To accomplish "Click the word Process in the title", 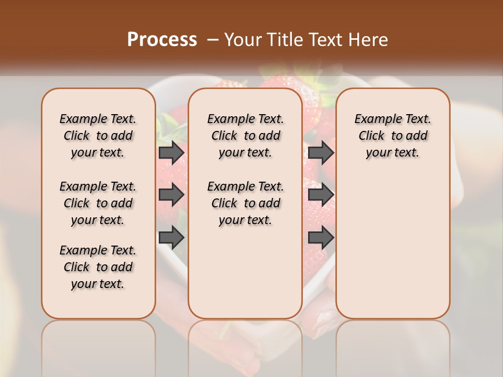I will (162, 39).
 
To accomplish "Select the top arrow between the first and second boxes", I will (171, 152).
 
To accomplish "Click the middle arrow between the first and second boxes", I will (171, 195).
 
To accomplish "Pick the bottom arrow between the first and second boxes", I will (171, 238).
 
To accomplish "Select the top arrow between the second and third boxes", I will (321, 152).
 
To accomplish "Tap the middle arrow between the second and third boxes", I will (321, 195).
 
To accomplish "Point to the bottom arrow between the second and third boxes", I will (321, 238).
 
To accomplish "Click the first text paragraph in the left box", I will (98, 136).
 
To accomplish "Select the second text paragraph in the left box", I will (98, 203).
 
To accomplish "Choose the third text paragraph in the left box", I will (98, 267).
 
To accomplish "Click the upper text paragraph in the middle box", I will (245, 136).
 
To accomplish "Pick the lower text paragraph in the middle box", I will (245, 203).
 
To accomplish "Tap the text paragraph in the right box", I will (393, 136).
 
